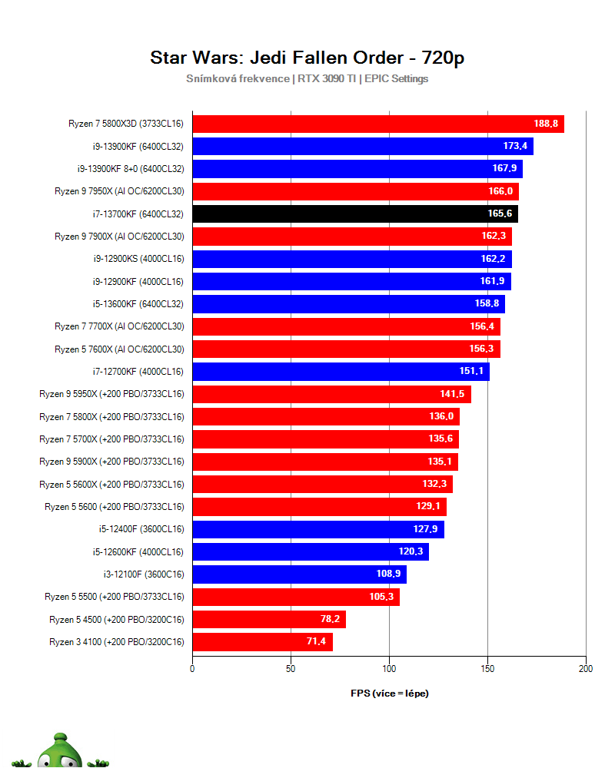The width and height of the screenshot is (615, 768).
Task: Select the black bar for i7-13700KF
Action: pyautogui.click(x=354, y=214)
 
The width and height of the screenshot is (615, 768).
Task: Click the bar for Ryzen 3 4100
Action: pyautogui.click(x=262, y=642)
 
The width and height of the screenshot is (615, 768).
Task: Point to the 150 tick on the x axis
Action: pyautogui.click(x=487, y=669)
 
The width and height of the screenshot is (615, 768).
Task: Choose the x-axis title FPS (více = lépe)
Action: pyautogui.click(x=390, y=693)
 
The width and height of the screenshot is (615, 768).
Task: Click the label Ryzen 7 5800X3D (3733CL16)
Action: pyautogui.click(x=126, y=124)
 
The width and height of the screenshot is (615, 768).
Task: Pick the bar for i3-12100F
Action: pyautogui.click(x=299, y=574)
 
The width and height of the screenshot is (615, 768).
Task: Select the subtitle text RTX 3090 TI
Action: pyautogui.click(x=327, y=78)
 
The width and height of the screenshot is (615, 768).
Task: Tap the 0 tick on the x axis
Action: pyautogui.click(x=192, y=669)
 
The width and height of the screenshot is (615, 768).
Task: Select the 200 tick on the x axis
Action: pyautogui.click(x=586, y=669)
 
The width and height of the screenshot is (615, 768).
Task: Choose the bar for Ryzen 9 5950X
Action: pyautogui.click(x=331, y=395)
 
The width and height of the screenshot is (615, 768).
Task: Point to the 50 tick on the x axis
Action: pyautogui.click(x=291, y=669)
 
